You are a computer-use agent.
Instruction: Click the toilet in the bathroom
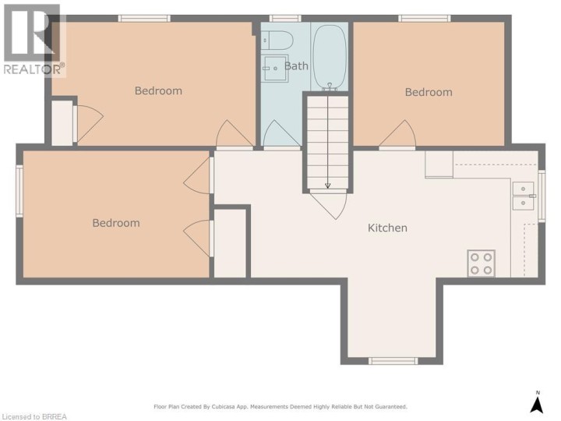point(277,40)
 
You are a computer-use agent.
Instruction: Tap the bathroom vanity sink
point(275,68)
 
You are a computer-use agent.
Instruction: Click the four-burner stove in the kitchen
point(482,264)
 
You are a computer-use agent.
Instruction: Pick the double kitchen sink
point(523,196)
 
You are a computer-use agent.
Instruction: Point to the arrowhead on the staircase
point(328,186)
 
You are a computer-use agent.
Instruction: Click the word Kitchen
point(387,228)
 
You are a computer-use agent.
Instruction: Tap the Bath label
point(296,65)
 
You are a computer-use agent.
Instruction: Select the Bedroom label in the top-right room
point(429,92)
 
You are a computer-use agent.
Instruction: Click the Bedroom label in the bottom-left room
point(116,223)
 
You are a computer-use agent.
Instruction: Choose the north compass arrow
point(537,404)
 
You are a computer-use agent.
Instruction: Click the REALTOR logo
point(34,41)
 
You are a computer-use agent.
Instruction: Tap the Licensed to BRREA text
point(34,416)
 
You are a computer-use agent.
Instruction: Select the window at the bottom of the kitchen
point(393,361)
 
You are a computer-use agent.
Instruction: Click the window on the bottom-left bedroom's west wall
point(19,191)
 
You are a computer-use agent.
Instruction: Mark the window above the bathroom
point(285,18)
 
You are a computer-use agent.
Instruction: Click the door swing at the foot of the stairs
point(329,205)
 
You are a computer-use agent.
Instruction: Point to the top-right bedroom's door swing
point(397,134)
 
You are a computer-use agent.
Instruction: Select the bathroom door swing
point(282,133)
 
